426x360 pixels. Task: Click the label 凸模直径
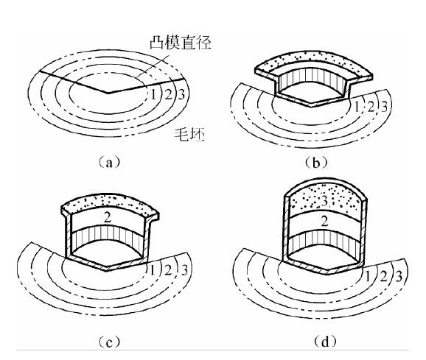(181, 43)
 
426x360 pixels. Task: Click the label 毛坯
(189, 134)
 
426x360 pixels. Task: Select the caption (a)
(109, 162)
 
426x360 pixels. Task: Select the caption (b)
(316, 162)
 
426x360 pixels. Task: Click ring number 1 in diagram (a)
(153, 95)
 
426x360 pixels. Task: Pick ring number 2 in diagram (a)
(169, 95)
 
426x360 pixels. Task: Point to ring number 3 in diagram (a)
(181, 95)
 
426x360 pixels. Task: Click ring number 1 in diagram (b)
(357, 107)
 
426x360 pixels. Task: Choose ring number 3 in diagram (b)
(384, 107)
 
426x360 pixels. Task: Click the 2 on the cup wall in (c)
(108, 217)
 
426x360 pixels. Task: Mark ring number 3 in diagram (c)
(185, 270)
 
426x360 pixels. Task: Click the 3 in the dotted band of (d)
(324, 201)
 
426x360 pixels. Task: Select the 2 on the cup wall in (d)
(324, 222)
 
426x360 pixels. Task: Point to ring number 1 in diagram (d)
(367, 277)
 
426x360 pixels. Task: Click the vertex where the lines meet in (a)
(108, 93)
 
